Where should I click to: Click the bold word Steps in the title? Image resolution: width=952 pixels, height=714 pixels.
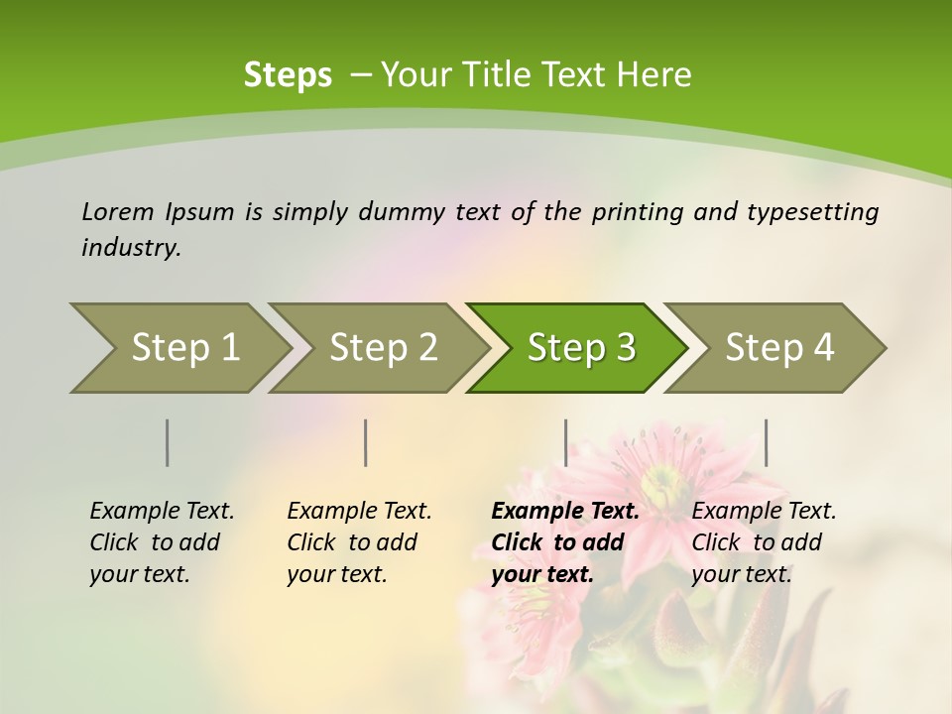(x=288, y=74)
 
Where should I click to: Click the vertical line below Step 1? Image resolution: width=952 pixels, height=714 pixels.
(x=168, y=442)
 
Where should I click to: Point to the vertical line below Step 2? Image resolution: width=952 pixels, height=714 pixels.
(x=366, y=442)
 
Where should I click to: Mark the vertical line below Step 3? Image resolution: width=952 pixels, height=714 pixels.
(x=565, y=442)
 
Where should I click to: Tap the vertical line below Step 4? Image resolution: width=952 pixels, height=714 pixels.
(x=766, y=442)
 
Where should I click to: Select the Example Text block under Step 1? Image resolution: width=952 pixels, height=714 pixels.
(x=162, y=542)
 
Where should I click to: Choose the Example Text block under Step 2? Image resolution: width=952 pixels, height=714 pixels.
(x=359, y=542)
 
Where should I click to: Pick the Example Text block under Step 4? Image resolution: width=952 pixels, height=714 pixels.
(x=764, y=542)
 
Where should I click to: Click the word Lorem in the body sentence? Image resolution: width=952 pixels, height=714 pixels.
(x=117, y=212)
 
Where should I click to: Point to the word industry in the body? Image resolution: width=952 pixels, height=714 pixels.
(x=130, y=248)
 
